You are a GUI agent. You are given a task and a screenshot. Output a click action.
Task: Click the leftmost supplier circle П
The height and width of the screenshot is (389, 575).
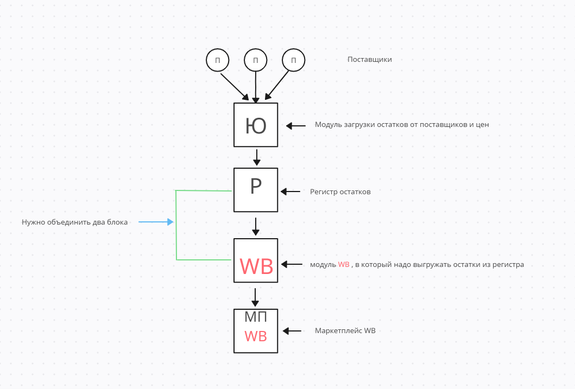[217, 60]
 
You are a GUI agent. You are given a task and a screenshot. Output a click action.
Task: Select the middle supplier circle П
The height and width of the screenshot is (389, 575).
[255, 60]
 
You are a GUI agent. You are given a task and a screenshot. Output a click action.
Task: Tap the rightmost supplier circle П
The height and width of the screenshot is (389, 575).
[293, 60]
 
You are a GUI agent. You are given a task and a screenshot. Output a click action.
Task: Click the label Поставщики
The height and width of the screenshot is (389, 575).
[369, 60]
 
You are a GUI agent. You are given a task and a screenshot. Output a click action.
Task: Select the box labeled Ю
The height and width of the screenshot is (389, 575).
[256, 125]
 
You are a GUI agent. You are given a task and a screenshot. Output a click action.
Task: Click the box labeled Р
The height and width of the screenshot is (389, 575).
[256, 189]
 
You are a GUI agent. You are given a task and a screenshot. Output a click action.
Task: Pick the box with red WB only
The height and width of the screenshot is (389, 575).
[256, 260]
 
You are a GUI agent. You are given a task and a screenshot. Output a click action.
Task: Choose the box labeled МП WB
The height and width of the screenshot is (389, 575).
[256, 330]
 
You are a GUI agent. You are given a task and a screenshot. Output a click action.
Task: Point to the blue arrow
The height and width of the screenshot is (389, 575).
[156, 222]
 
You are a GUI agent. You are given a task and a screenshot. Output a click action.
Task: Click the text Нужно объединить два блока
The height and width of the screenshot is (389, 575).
[75, 222]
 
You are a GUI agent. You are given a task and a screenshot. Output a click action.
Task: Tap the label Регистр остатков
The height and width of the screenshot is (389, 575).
[340, 192]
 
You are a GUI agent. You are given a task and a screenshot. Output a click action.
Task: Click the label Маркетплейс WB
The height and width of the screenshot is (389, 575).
[345, 330]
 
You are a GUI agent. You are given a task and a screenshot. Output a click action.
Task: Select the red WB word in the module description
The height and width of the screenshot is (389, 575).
[344, 265]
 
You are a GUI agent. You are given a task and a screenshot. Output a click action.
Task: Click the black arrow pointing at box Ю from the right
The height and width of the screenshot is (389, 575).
[296, 126]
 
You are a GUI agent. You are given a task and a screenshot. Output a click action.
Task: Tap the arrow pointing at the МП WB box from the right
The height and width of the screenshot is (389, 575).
[292, 331]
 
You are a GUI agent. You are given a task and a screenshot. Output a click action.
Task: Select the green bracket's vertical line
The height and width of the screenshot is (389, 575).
[176, 225]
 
